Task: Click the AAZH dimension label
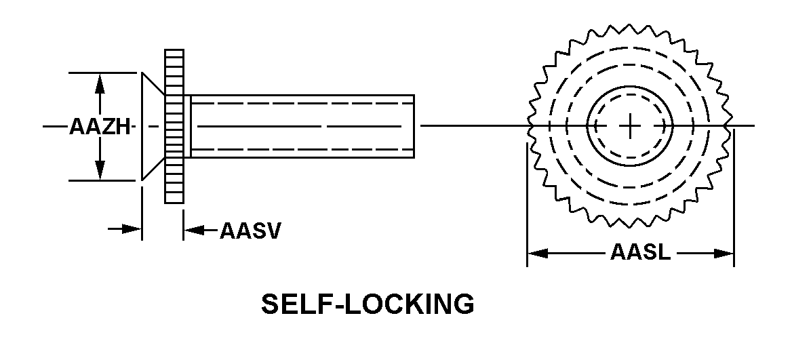(x=100, y=126)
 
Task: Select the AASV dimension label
(x=250, y=231)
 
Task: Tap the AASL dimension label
(x=641, y=252)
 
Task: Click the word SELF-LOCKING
(x=368, y=304)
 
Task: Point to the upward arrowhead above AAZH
(x=100, y=84)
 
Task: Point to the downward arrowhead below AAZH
(x=100, y=169)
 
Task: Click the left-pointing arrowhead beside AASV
(x=193, y=231)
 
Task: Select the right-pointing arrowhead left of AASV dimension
(x=132, y=229)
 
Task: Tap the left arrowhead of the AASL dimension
(x=538, y=253)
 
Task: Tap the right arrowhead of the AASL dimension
(x=724, y=253)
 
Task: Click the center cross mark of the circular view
(x=629, y=125)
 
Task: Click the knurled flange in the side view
(x=174, y=126)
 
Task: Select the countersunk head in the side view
(x=153, y=126)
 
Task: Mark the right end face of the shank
(x=414, y=126)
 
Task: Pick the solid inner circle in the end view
(x=630, y=125)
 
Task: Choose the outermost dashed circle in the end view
(x=630, y=125)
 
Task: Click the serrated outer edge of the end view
(x=629, y=125)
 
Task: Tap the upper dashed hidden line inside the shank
(x=302, y=103)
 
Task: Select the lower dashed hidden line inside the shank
(x=302, y=149)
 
